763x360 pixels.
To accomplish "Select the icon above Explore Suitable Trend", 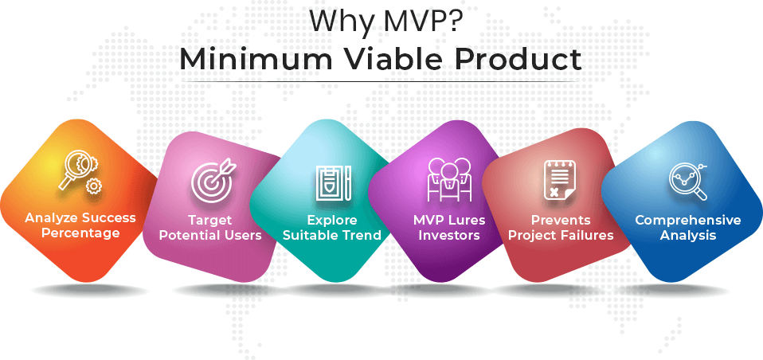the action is point(333,182).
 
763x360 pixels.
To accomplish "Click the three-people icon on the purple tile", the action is point(449,179).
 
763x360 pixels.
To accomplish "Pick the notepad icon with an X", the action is point(558,180).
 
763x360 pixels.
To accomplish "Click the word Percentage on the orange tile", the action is point(80,233).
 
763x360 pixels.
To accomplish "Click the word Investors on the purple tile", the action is point(449,236).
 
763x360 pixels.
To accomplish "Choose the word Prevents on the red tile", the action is point(561,221).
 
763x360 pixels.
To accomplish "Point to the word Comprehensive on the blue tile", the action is point(687,221).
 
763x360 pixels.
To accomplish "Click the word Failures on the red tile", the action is point(588,236).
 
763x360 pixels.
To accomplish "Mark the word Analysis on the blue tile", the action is point(687,236).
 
